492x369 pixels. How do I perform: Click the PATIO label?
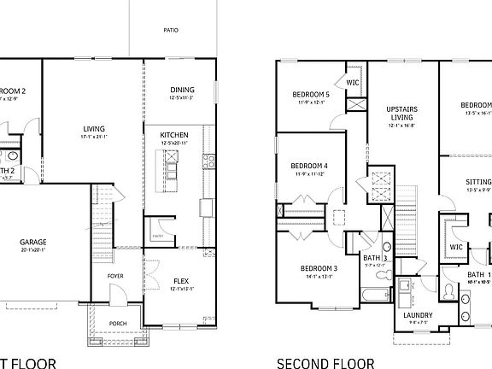(171, 30)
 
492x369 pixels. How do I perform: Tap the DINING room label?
(182, 90)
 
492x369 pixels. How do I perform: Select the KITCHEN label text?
(174, 135)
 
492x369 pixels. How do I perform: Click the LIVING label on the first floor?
(93, 128)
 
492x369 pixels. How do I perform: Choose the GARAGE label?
(33, 242)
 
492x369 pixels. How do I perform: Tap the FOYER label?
(115, 276)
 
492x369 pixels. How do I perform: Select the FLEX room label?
(181, 280)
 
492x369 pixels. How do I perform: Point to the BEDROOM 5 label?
(311, 94)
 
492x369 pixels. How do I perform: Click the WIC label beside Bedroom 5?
(352, 83)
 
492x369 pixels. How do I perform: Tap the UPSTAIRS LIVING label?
(401, 113)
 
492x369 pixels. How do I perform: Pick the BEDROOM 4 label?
(309, 166)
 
